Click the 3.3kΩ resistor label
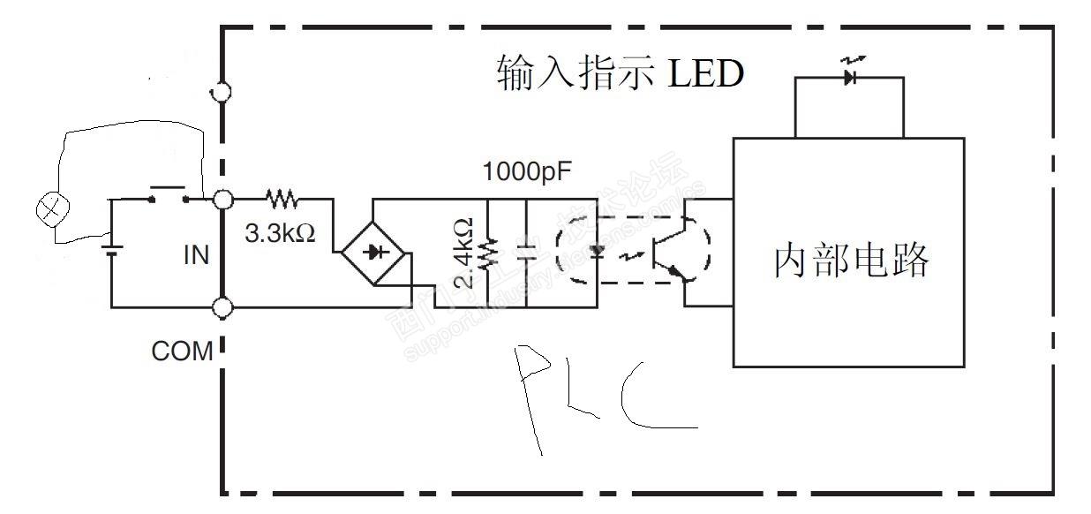pos(279,235)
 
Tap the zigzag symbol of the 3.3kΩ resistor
pos(282,199)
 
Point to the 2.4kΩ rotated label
pos(466,254)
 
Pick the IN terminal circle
pos(221,200)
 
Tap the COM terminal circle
pos(221,307)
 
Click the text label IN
pos(196,255)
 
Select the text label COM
pos(183,351)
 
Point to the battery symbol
pos(111,245)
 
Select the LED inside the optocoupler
pos(598,251)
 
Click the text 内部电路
pos(851,260)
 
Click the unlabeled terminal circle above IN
pos(221,92)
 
